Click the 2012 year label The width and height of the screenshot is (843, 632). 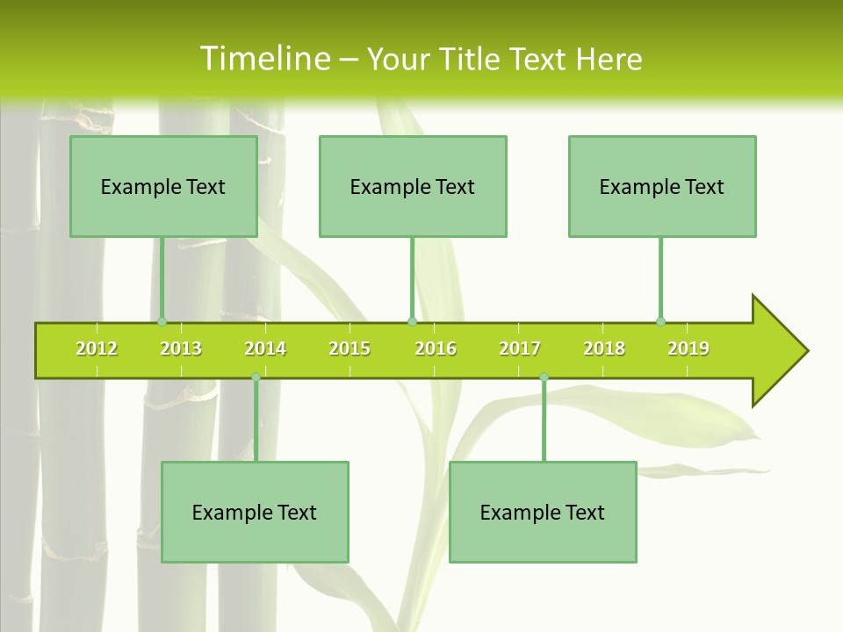pyautogui.click(x=97, y=349)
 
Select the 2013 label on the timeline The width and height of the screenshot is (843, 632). pyautogui.click(x=181, y=349)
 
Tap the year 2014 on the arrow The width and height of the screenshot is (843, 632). pyautogui.click(x=265, y=349)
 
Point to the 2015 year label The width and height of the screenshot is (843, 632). pyautogui.click(x=349, y=349)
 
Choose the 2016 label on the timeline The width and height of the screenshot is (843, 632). pyautogui.click(x=436, y=349)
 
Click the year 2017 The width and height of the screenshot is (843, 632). pyautogui.click(x=520, y=349)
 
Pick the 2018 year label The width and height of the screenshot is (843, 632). pyautogui.click(x=604, y=349)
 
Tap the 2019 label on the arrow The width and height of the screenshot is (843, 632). pyautogui.click(x=688, y=349)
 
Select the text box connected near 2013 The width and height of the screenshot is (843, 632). pyautogui.click(x=163, y=186)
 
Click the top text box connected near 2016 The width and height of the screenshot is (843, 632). pyautogui.click(x=413, y=186)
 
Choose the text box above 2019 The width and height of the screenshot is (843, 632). pyautogui.click(x=662, y=186)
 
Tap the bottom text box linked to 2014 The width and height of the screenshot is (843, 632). pyautogui.click(x=255, y=512)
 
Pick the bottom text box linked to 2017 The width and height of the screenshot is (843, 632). pyautogui.click(x=543, y=512)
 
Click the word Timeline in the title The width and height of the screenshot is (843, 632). pyautogui.click(x=263, y=59)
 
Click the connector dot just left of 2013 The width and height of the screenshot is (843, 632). pyautogui.click(x=162, y=321)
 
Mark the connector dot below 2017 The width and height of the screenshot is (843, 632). pyautogui.click(x=544, y=377)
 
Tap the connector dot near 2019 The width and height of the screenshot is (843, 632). pyautogui.click(x=660, y=321)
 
